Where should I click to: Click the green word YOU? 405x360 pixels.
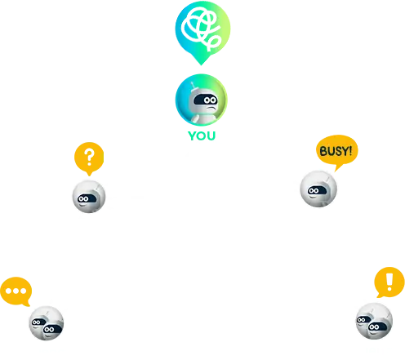[x=202, y=136]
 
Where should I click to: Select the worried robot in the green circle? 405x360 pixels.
[x=202, y=100]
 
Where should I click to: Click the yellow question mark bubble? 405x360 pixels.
[x=89, y=158]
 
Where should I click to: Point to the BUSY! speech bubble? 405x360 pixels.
[x=336, y=152]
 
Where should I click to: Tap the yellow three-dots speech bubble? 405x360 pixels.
[x=16, y=291]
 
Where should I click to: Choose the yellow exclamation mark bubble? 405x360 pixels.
[x=389, y=282]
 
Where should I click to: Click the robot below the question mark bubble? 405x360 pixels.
[x=89, y=197]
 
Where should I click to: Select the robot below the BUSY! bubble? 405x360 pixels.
[x=318, y=189]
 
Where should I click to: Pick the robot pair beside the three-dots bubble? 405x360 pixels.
[x=47, y=323]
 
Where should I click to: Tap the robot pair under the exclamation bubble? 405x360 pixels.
[x=374, y=321]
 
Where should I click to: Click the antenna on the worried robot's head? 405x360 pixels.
[x=193, y=86]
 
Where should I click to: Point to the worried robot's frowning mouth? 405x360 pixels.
[x=211, y=109]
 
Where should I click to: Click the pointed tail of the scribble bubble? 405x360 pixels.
[x=201, y=64]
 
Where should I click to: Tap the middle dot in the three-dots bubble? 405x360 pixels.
[x=16, y=291]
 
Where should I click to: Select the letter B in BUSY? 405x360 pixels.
[x=323, y=151]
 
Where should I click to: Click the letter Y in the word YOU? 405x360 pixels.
[x=193, y=136]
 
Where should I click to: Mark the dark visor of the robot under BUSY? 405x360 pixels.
[x=317, y=190]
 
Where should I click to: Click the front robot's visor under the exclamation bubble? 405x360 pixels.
[x=377, y=327]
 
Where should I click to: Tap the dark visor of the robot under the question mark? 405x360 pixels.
[x=87, y=198]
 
